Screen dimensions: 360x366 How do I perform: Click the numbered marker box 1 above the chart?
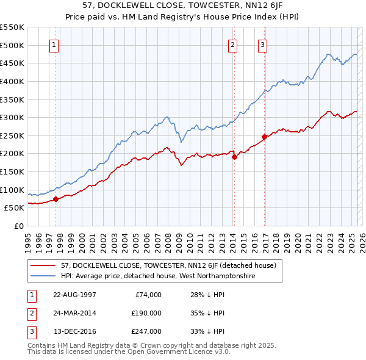pos(54,44)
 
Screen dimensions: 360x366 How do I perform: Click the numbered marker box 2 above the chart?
pos(233,44)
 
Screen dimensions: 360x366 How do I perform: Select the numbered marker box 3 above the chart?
pos(262,44)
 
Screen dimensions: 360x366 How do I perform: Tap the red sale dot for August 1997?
pos(56,198)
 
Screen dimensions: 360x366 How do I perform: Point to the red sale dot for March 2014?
pos(234,157)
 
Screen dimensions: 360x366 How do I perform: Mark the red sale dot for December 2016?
pos(264,137)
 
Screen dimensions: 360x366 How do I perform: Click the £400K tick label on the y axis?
pos(12,81)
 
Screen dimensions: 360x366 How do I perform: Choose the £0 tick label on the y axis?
pos(19,226)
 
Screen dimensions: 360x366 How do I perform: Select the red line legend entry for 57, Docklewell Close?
pos(168,265)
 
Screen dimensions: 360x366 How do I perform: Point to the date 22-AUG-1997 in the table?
pos(75,295)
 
